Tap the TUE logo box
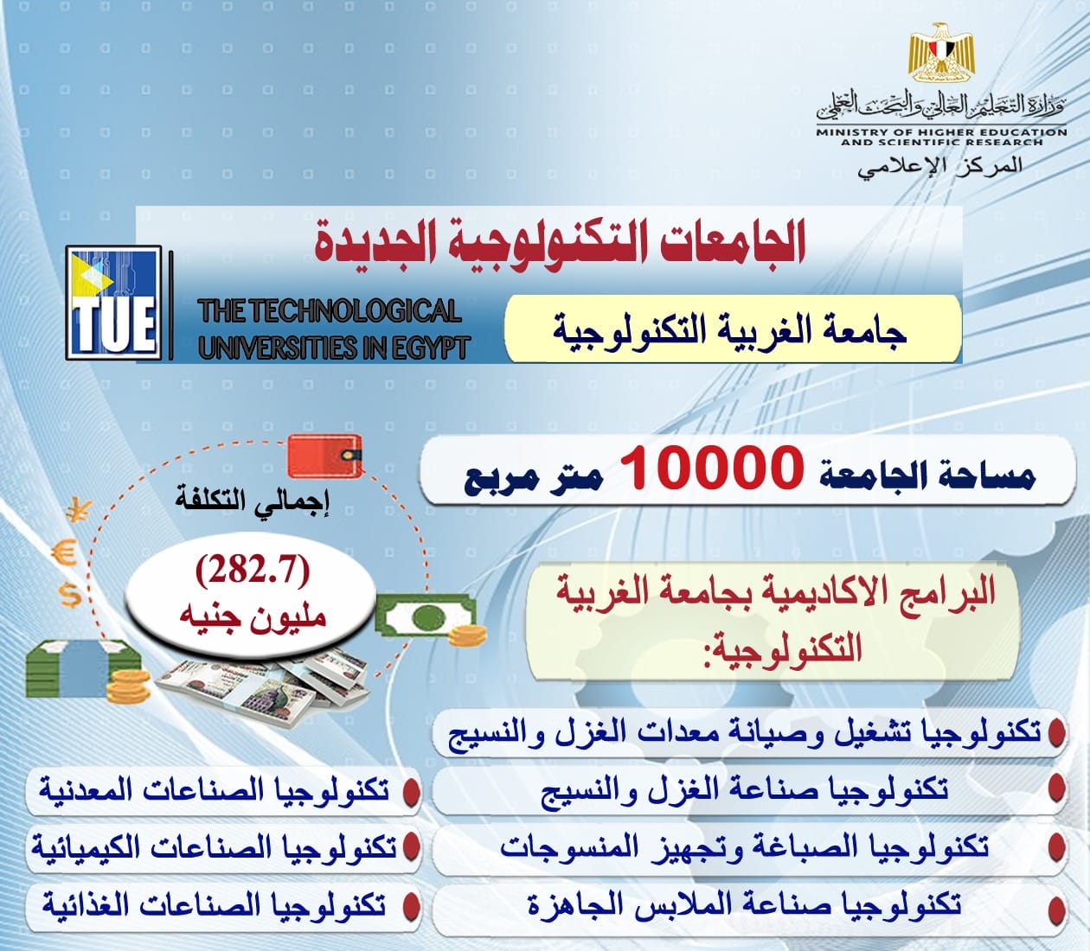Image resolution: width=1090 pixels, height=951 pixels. click(x=113, y=303)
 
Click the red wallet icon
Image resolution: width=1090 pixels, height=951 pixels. click(x=324, y=456)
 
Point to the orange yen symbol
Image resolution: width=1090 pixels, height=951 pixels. click(x=79, y=511)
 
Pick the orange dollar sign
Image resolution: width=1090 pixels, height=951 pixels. click(x=70, y=595)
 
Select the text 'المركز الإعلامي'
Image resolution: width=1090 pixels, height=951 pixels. click(x=940, y=166)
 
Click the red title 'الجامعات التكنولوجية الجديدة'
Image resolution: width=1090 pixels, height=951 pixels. click(x=558, y=245)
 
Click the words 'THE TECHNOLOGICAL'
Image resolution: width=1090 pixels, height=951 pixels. click(x=330, y=311)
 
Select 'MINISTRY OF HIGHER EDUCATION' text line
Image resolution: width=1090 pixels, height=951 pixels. click(x=941, y=132)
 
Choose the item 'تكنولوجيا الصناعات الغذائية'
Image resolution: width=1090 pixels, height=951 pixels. click(x=215, y=906)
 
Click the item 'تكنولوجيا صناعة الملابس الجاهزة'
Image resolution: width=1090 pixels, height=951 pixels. click(x=744, y=904)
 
